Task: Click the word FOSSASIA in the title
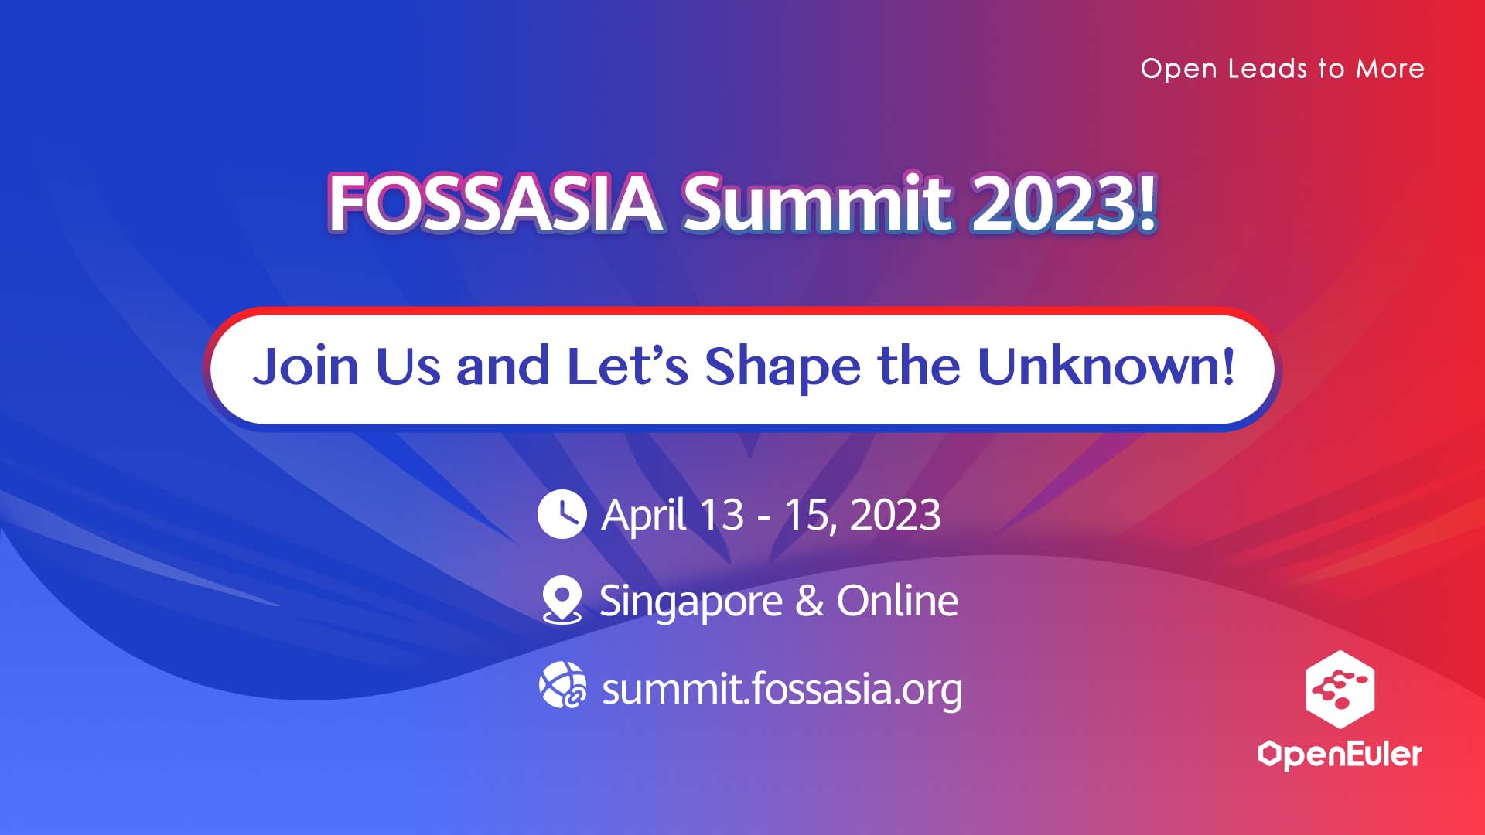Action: click(x=495, y=203)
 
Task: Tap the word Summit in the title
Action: click(x=817, y=203)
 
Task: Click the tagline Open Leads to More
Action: click(x=1282, y=69)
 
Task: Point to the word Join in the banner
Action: click(x=306, y=366)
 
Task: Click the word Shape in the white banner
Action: click(x=782, y=368)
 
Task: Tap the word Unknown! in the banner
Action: click(x=1106, y=366)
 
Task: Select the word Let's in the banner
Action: click(x=627, y=366)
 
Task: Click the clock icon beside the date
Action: click(x=562, y=514)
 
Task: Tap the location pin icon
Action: click(x=562, y=600)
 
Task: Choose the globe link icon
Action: click(x=562, y=685)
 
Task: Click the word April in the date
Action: click(x=644, y=516)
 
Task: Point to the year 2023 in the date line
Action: click(x=895, y=515)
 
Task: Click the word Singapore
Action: click(x=691, y=602)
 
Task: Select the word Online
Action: click(x=897, y=601)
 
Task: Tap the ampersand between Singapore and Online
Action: click(x=810, y=602)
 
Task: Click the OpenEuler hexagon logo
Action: click(x=1340, y=690)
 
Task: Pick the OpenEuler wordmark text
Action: click(x=1340, y=755)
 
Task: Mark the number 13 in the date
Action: click(x=722, y=515)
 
